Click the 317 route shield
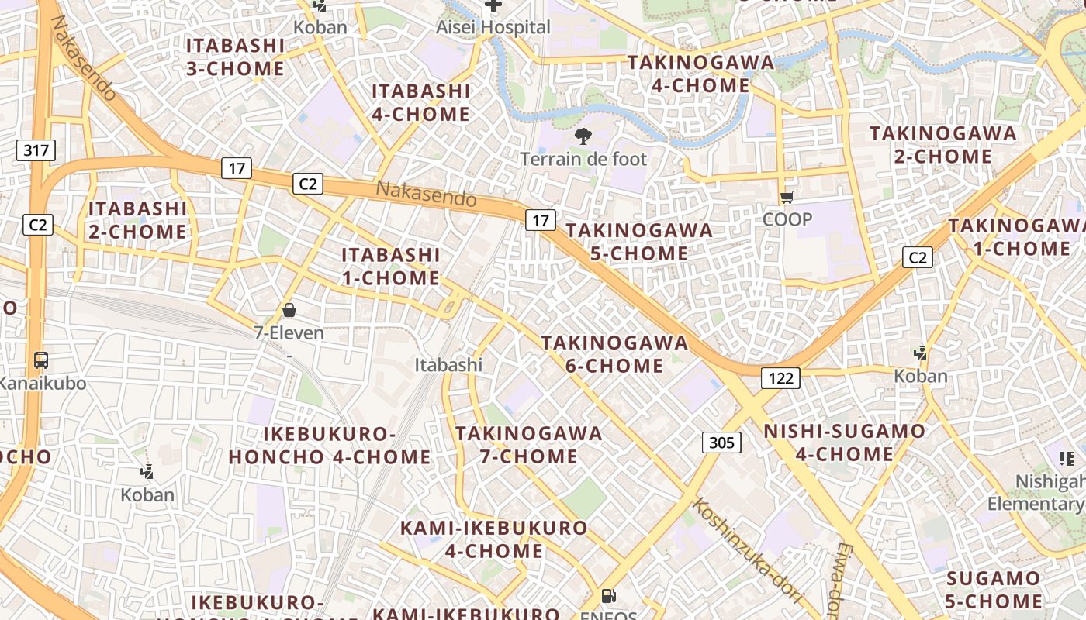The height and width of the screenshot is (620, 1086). click(36, 150)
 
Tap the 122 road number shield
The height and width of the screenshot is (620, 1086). click(780, 377)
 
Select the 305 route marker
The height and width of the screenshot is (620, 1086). click(721, 443)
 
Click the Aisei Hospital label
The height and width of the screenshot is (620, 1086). click(493, 27)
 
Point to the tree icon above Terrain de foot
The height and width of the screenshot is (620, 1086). click(583, 137)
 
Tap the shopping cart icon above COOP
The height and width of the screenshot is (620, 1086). click(787, 198)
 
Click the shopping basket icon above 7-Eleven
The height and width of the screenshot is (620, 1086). click(289, 311)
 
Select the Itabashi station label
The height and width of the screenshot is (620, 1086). click(448, 364)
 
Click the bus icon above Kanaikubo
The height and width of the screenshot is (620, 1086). click(41, 360)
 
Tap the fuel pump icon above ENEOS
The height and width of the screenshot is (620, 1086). click(610, 596)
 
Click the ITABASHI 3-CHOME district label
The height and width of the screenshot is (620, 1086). click(235, 57)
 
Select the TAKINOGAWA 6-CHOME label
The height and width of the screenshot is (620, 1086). click(614, 353)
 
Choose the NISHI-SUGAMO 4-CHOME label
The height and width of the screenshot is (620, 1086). click(845, 442)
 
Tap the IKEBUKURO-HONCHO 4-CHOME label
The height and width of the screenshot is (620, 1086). click(330, 445)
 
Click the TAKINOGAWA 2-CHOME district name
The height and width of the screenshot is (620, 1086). click(942, 144)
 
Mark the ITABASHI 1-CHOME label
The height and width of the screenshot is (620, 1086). click(391, 266)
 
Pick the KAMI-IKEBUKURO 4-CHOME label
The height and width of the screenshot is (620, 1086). click(494, 539)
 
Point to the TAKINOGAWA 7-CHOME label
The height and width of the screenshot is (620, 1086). click(529, 444)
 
